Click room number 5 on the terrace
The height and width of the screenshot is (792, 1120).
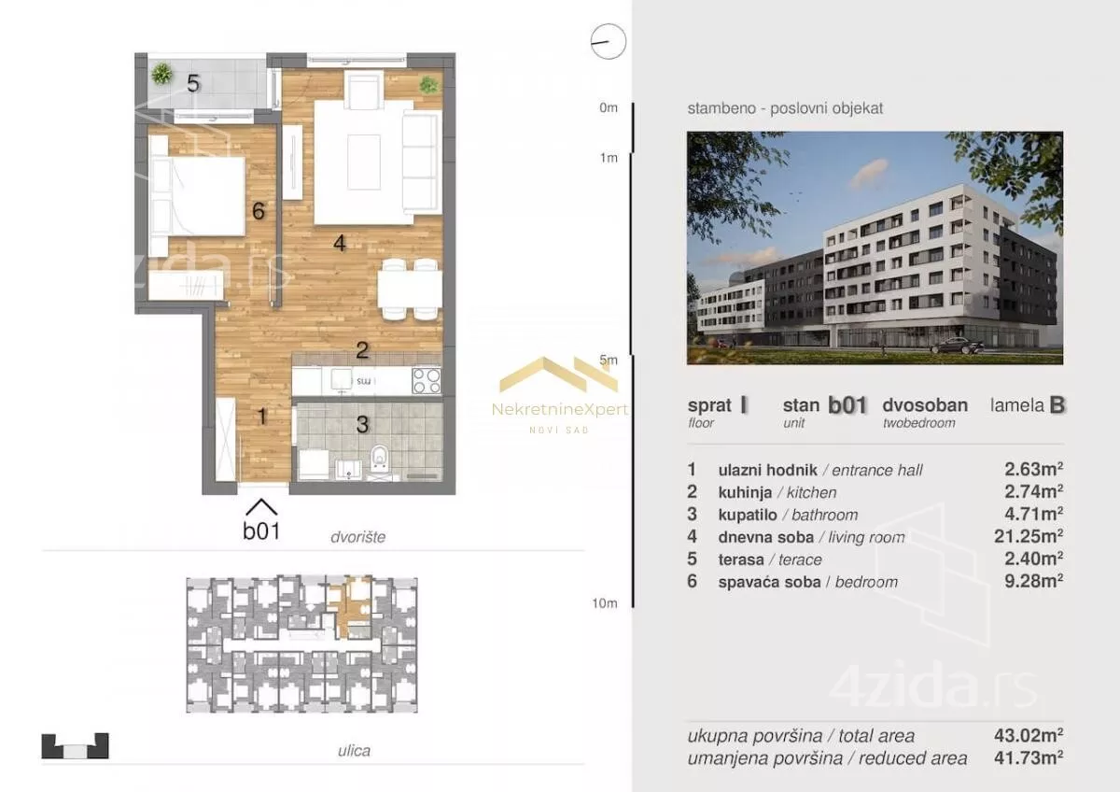click(193, 83)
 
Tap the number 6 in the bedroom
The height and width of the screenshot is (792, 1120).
click(258, 211)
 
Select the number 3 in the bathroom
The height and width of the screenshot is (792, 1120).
click(362, 425)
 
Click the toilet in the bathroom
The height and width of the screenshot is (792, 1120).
click(380, 459)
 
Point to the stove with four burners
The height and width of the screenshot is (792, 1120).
click(427, 381)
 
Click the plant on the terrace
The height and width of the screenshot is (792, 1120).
click(161, 75)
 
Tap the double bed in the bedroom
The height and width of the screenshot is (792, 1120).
click(197, 196)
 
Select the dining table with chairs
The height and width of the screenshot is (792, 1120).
click(410, 290)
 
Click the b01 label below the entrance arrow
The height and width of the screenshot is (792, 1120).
click(261, 530)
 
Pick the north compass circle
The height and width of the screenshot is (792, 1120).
click(608, 41)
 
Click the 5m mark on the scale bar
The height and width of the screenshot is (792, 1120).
click(609, 360)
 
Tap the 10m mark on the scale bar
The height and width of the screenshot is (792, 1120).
click(605, 603)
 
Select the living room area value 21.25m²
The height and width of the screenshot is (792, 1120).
click(1029, 536)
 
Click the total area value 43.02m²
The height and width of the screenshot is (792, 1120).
click(1029, 735)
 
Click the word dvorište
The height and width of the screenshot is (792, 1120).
click(358, 537)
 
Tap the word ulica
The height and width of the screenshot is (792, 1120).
click(354, 751)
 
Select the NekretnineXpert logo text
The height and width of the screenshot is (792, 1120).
click(559, 410)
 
